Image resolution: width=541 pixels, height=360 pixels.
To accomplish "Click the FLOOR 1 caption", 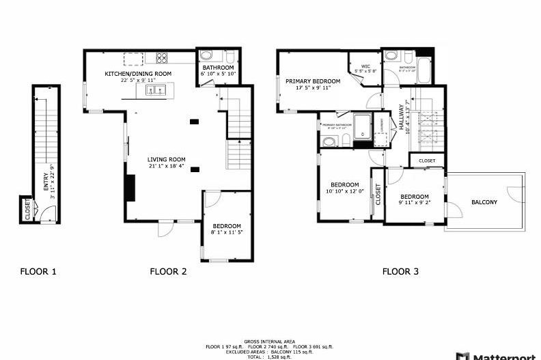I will click(x=38, y=271).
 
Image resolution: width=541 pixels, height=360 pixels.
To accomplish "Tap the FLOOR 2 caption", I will click(x=168, y=271).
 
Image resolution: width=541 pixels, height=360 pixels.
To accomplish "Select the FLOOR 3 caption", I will click(x=400, y=271).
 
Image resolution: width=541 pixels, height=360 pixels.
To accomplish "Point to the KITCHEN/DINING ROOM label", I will click(x=137, y=74).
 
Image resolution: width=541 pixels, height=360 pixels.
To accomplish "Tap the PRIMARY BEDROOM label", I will click(x=313, y=81).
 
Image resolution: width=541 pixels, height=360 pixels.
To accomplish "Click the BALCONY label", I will click(x=484, y=202).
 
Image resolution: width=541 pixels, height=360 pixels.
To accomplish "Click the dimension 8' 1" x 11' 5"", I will click(x=227, y=233).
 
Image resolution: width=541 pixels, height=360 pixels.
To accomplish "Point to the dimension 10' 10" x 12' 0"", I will click(x=345, y=191).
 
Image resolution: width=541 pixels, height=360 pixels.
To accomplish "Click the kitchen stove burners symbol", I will click(x=163, y=57).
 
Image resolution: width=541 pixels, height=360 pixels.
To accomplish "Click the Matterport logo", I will click(x=503, y=355).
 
